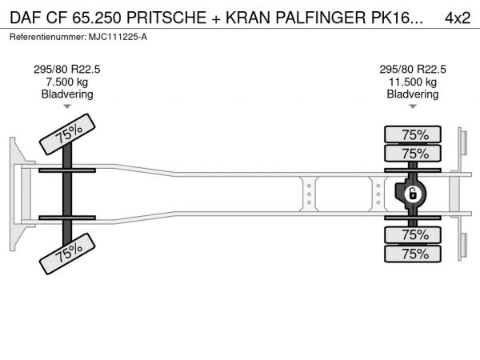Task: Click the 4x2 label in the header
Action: coord(458,18)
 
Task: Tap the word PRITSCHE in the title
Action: coord(166,18)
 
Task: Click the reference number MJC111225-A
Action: coord(118,37)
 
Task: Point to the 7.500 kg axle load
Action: coord(66,82)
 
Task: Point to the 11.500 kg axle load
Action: coord(412,82)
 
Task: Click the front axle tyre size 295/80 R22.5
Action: coord(66,70)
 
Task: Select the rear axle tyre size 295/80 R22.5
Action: coord(413,70)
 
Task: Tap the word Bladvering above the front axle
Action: coord(67,94)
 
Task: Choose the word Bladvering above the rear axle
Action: coord(413,94)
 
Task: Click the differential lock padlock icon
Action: coord(412,194)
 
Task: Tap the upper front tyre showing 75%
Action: coord(67,134)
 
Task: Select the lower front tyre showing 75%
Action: coord(67,254)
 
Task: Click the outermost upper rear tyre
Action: coord(413,134)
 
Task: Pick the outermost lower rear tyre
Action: coord(413,254)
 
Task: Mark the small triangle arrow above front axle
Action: coord(67,106)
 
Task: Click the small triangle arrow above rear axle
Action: coord(413,106)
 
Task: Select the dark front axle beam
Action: coord(67,194)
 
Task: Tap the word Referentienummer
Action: coord(48,37)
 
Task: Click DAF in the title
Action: coord(26,18)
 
